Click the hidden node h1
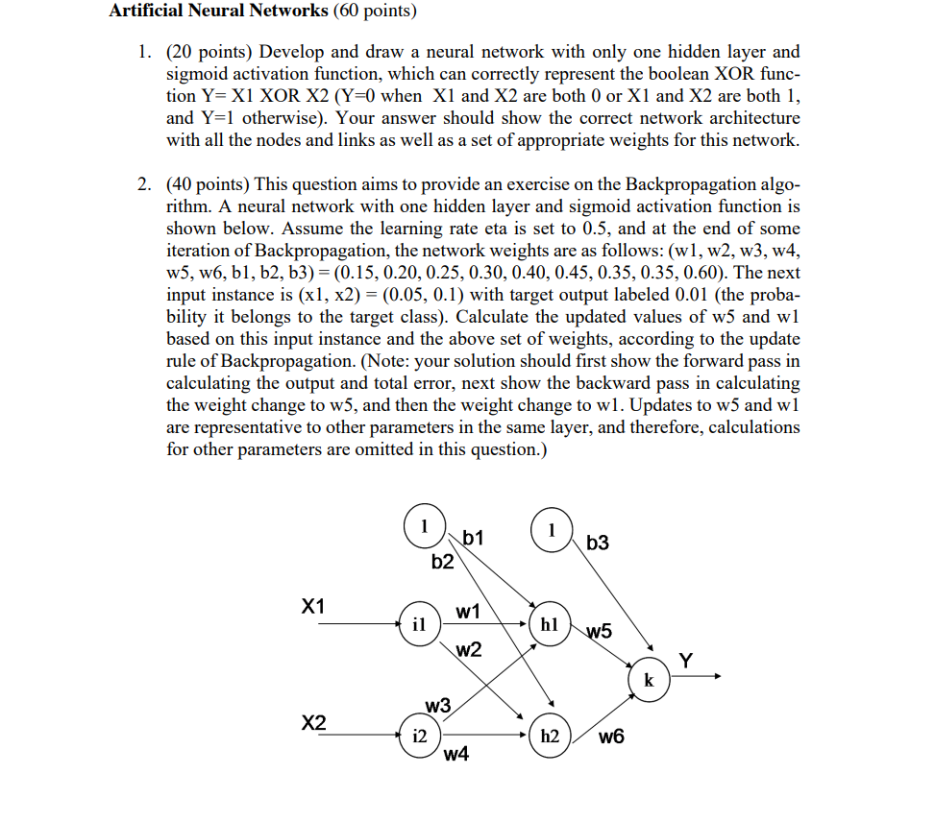click(x=549, y=624)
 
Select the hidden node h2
click(x=549, y=737)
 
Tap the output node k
click(x=649, y=681)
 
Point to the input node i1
click(x=419, y=624)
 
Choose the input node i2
click(x=419, y=737)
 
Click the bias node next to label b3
click(x=551, y=531)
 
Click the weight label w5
click(x=598, y=631)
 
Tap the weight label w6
click(x=610, y=737)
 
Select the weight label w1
click(x=468, y=611)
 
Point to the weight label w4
click(x=456, y=755)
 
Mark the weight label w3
click(x=437, y=706)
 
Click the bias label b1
click(x=475, y=538)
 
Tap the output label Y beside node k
click(x=685, y=660)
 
